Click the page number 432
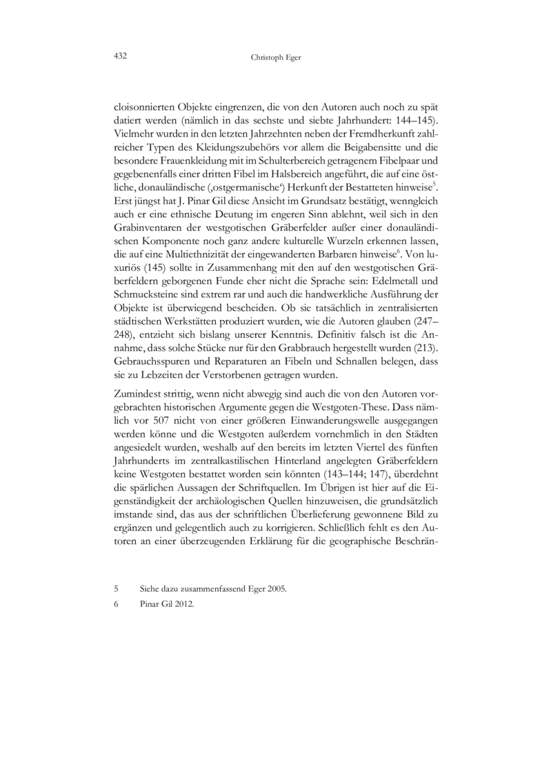click(121, 55)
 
